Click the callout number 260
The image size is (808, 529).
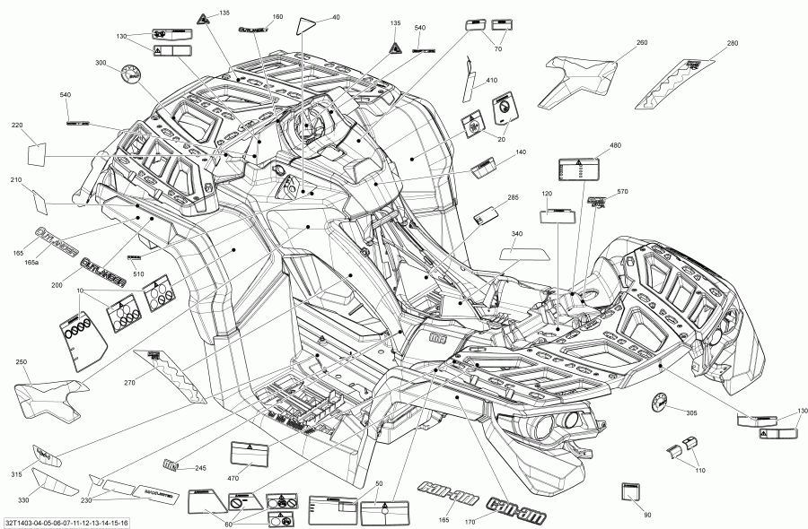pos(641,43)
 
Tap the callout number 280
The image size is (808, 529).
pos(733,43)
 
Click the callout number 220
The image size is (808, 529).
pos(17,125)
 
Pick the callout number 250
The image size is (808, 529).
pos(22,361)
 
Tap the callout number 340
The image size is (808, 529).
pos(517,234)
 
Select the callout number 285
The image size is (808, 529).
pos(513,197)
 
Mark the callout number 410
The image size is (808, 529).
pos(491,82)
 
